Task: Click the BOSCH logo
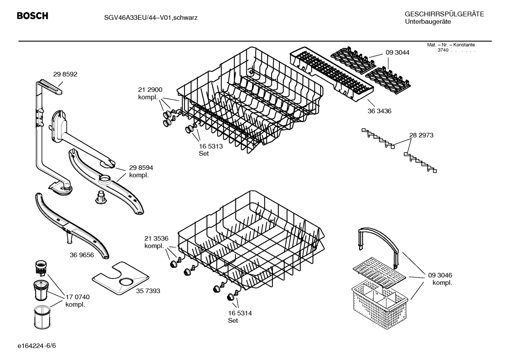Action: (x=32, y=16)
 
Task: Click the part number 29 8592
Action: (x=65, y=74)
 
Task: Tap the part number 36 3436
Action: (x=379, y=111)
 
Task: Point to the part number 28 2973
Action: (x=421, y=135)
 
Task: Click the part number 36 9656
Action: (x=82, y=255)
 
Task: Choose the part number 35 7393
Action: (x=148, y=291)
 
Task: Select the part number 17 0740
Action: (x=77, y=297)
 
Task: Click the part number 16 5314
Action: (x=240, y=313)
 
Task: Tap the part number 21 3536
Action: (x=156, y=238)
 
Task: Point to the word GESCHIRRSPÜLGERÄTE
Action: (x=444, y=14)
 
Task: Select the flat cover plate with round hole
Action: (x=120, y=279)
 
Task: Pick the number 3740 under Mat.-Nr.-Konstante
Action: (x=443, y=50)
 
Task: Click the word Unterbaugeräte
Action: (x=428, y=22)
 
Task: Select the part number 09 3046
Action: (x=440, y=275)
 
